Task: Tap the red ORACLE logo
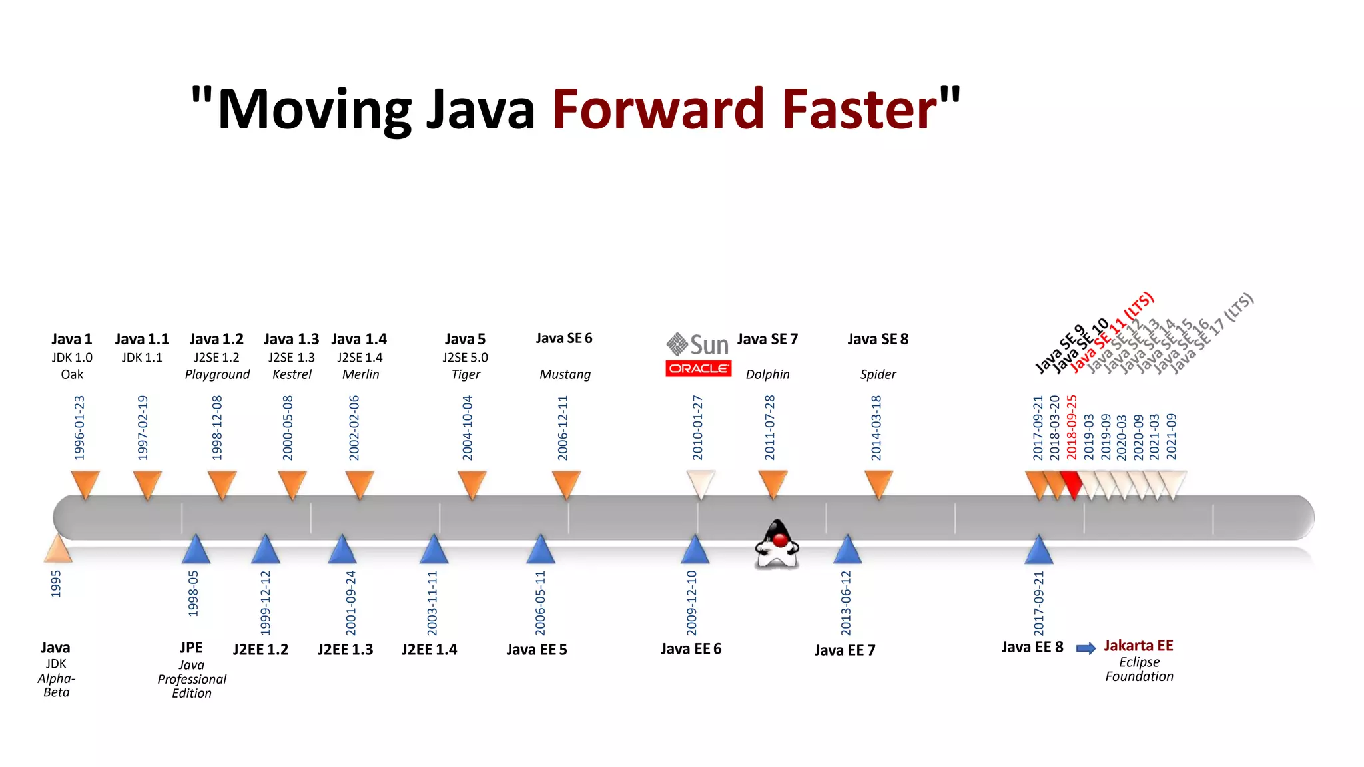[x=698, y=368]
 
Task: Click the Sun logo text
[x=709, y=345]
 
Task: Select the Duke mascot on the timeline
[x=777, y=544]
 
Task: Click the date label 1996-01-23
[x=80, y=427]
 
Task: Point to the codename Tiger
[x=466, y=374]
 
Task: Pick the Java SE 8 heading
[x=878, y=339]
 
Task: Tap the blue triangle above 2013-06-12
[x=847, y=549]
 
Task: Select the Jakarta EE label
[x=1138, y=646]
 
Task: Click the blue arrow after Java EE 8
[x=1086, y=648]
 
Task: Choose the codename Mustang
[x=565, y=374]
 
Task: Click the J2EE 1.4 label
[x=429, y=650]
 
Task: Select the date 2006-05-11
[x=540, y=603]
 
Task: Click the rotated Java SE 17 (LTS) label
[x=1212, y=333]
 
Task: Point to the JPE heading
[x=191, y=648]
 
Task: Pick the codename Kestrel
[x=292, y=374]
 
